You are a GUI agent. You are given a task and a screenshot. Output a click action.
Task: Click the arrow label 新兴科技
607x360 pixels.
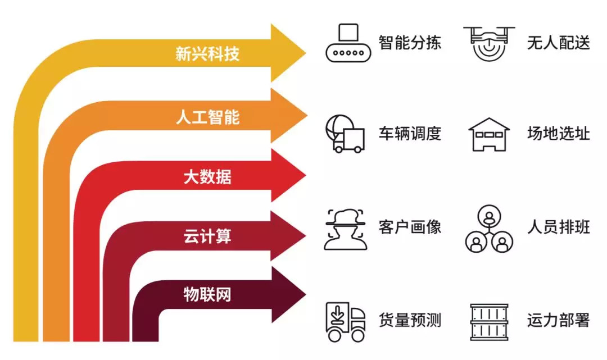207,54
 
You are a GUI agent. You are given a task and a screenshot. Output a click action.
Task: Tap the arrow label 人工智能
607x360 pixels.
207,117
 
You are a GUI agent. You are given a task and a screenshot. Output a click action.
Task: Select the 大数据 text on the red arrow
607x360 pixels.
207,177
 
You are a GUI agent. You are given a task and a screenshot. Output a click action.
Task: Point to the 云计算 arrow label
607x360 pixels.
207,236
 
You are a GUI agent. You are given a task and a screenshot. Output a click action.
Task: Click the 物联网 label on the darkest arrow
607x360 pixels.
207,295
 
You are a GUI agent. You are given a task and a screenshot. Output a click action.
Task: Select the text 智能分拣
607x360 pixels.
410,43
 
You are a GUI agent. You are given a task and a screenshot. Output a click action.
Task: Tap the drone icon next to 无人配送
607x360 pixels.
489,43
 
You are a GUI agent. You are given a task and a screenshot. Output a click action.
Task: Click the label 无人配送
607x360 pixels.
558,43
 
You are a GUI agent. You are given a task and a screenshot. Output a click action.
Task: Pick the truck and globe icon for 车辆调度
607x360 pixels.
345,134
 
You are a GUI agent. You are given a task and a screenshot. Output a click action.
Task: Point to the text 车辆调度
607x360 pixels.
410,134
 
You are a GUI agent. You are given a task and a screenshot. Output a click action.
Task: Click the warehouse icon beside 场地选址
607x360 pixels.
489,134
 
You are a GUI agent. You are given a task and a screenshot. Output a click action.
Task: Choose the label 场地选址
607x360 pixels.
558,134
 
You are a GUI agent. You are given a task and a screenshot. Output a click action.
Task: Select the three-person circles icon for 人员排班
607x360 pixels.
489,228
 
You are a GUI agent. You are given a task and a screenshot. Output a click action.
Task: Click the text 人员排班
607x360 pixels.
558,227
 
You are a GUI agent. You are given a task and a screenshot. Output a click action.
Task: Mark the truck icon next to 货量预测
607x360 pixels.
345,321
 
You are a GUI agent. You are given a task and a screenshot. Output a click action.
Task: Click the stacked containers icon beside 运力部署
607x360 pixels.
489,322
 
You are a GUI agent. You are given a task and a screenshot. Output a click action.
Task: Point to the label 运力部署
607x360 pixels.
558,321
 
